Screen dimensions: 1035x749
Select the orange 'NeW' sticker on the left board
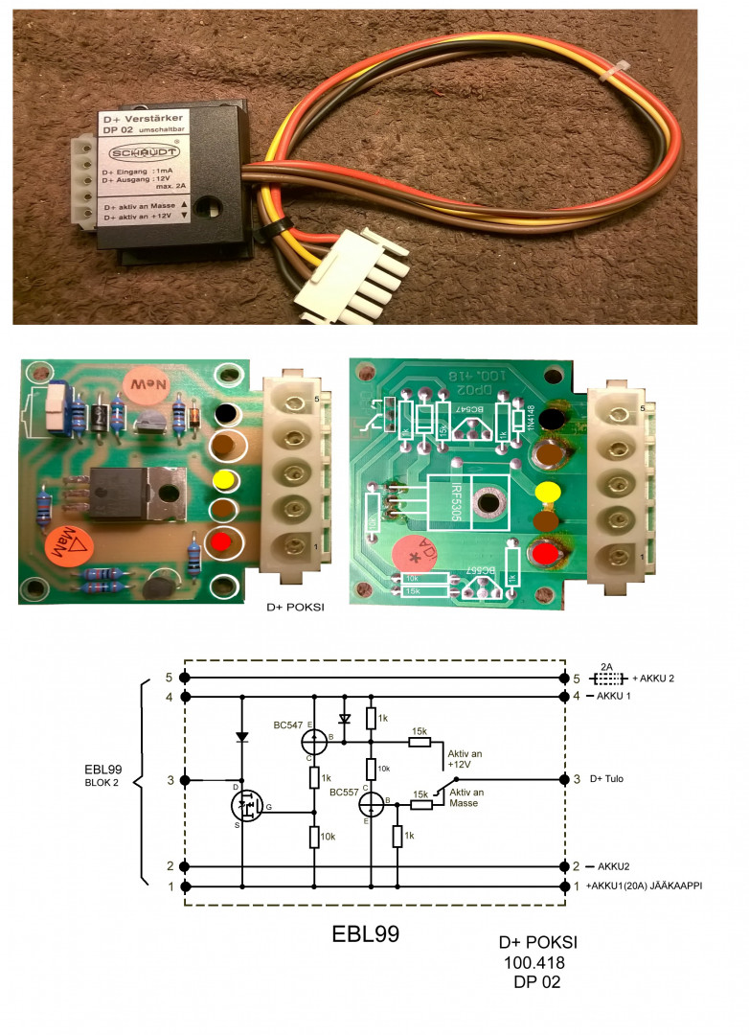click(144, 385)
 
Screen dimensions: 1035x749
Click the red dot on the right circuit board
click(546, 554)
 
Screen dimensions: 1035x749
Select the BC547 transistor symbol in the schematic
click(315, 742)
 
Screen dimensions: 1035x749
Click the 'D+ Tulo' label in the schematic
click(607, 778)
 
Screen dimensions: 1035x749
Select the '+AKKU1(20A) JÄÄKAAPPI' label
click(646, 887)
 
